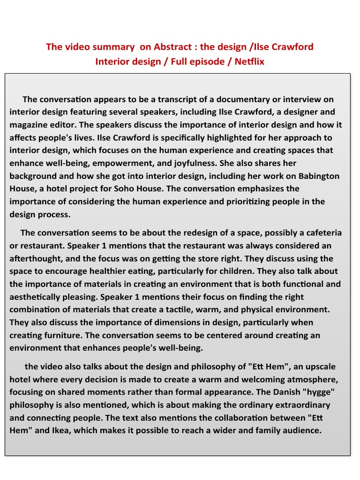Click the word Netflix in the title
[250, 61]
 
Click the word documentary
[240, 99]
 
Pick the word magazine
[30, 125]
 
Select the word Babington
[319, 176]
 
